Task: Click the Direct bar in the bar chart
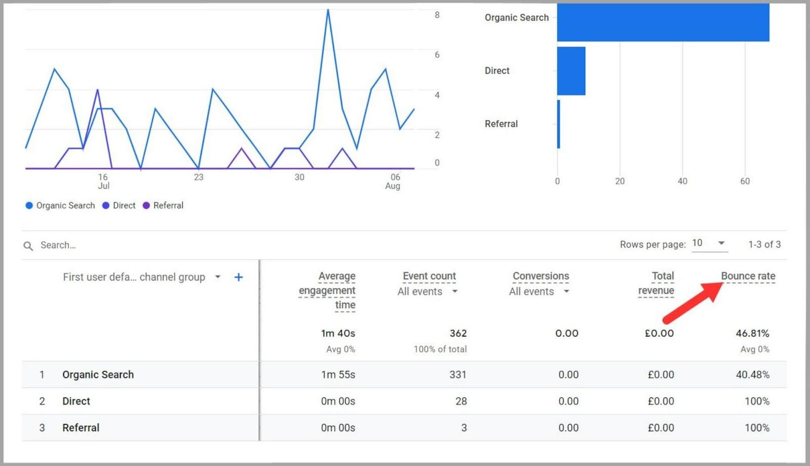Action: pos(571,71)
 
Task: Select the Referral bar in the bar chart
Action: pos(558,124)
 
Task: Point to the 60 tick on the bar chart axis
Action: pos(745,181)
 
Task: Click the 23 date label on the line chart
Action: pos(198,177)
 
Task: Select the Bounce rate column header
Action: pos(748,276)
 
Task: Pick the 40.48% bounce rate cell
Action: pos(752,375)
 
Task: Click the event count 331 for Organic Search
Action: pos(458,375)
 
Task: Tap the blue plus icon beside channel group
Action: pos(238,277)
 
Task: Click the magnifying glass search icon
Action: pos(28,246)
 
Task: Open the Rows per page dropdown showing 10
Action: pos(709,243)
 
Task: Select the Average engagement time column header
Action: pos(328,290)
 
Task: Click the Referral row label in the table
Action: pos(80,428)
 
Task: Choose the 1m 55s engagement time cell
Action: pos(338,375)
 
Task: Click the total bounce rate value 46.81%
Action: pos(752,333)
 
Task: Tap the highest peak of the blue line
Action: pos(328,10)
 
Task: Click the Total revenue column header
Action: pos(656,283)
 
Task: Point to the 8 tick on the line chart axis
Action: pos(437,15)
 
